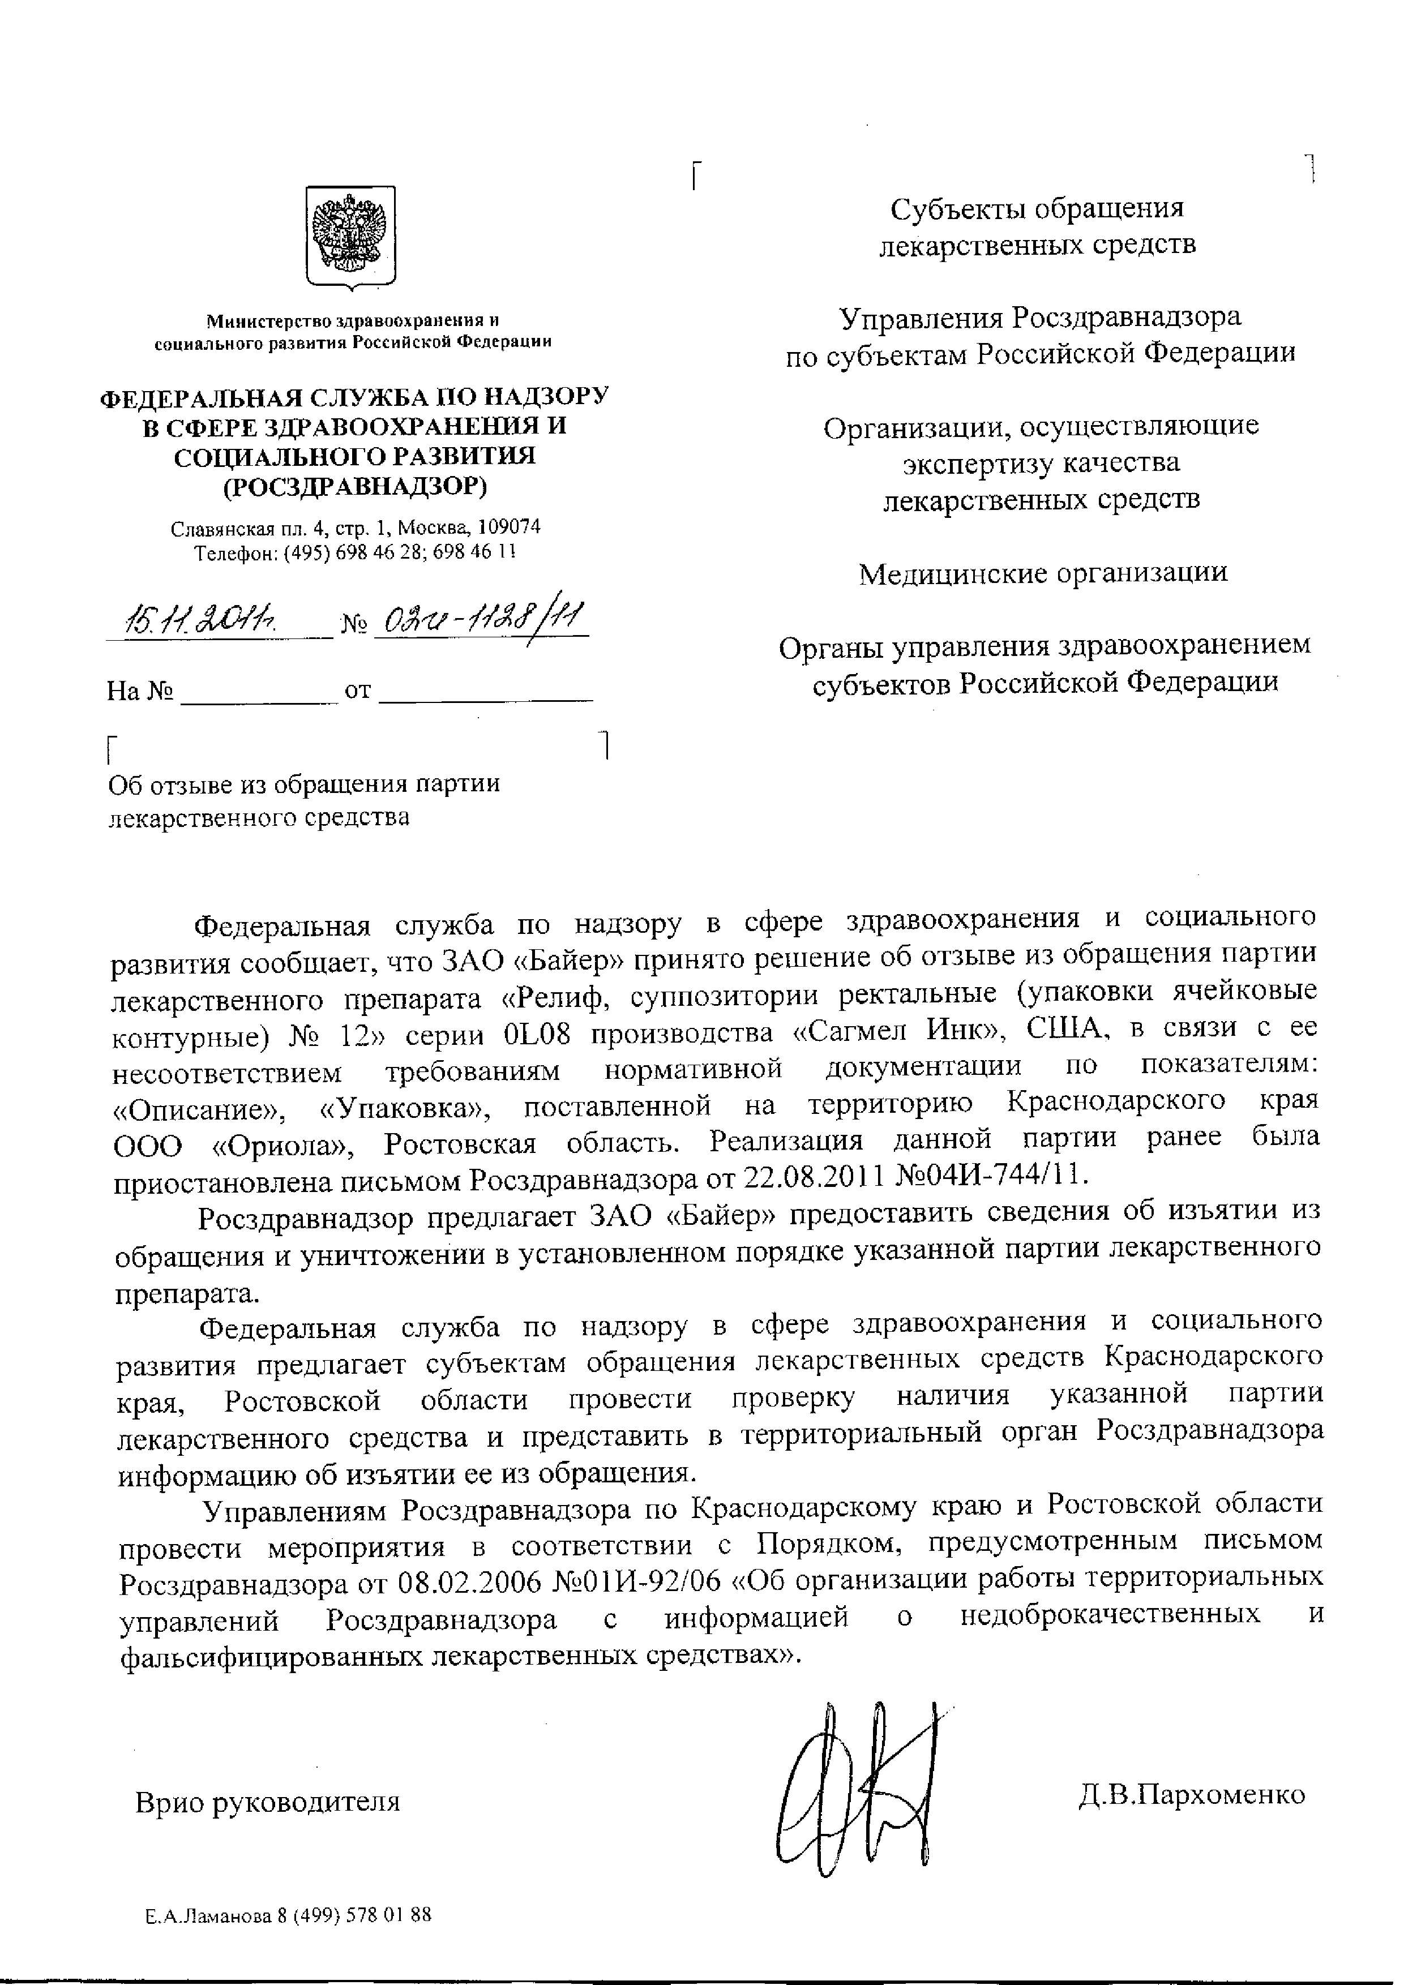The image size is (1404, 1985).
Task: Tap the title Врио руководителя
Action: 268,1803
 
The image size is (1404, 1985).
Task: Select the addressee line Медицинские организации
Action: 1043,573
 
